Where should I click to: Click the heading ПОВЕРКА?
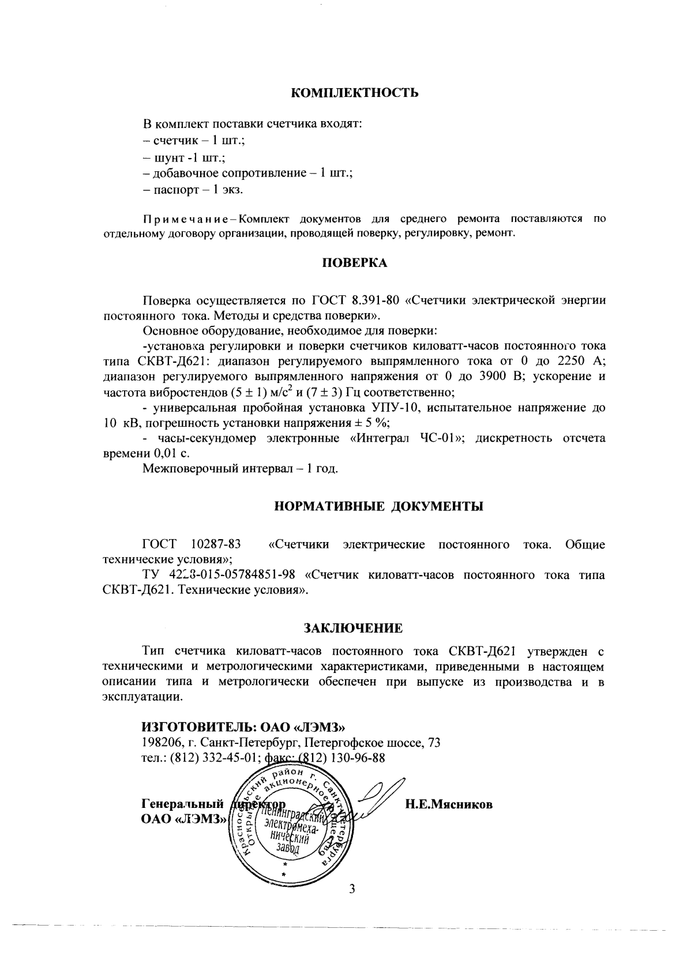tap(354, 263)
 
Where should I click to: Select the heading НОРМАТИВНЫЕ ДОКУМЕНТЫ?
tap(378, 507)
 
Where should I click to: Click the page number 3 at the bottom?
tap(352, 889)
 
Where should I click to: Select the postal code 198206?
tap(161, 743)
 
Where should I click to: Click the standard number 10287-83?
tap(215, 544)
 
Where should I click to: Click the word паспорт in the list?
tap(171, 189)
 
